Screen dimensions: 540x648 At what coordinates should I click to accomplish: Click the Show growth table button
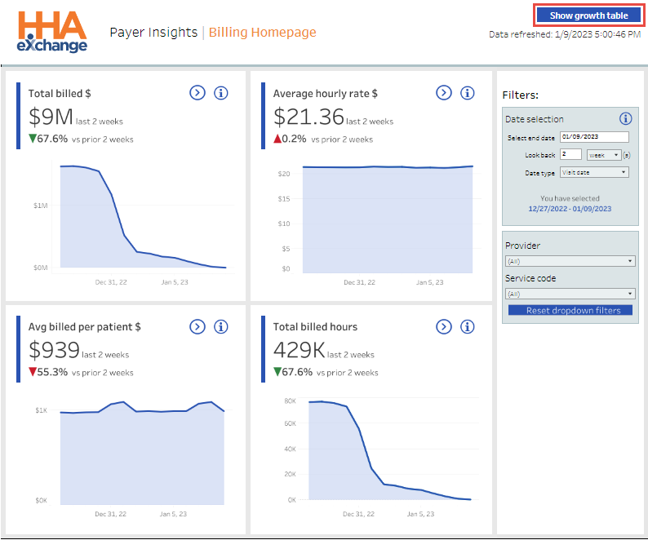588,15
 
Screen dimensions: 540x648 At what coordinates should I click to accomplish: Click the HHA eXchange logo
52,32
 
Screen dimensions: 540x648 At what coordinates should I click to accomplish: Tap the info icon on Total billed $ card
220,93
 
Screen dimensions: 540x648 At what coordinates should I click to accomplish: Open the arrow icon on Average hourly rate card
443,93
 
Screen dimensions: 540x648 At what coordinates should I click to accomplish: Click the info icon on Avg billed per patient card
220,326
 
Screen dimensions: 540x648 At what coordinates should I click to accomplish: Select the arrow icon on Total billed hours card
443,326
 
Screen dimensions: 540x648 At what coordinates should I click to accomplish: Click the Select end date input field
594,137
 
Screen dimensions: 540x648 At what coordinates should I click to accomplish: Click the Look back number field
570,154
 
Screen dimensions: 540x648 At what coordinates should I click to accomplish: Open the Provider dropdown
570,261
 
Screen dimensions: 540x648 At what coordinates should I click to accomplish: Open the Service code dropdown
570,294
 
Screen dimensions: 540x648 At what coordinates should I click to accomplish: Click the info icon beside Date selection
626,118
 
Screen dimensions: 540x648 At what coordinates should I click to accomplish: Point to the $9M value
51,117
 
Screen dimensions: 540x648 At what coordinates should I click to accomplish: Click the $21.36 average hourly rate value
308,117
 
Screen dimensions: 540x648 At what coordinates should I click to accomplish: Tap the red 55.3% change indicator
48,372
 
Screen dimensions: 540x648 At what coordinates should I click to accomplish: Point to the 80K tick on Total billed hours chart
289,401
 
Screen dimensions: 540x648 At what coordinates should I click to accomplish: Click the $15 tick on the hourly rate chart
284,198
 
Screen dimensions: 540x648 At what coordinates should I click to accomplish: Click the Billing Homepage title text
262,33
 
